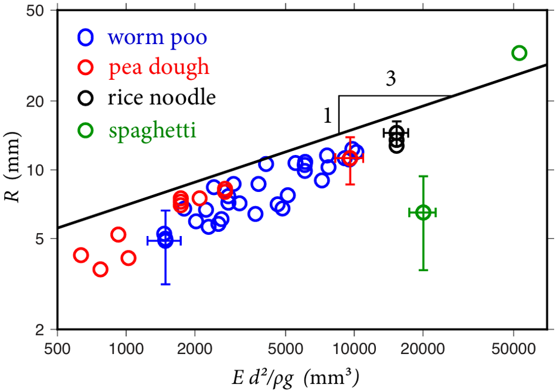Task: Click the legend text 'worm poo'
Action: [157, 38]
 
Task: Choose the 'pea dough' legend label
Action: [159, 67]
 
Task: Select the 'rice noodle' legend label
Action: [162, 98]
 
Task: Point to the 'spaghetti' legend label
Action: [153, 131]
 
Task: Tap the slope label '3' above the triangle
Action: [391, 79]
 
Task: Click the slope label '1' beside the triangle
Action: [328, 116]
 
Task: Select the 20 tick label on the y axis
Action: [35, 101]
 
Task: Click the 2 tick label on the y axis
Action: [40, 329]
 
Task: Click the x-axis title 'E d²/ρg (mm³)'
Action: [295, 377]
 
